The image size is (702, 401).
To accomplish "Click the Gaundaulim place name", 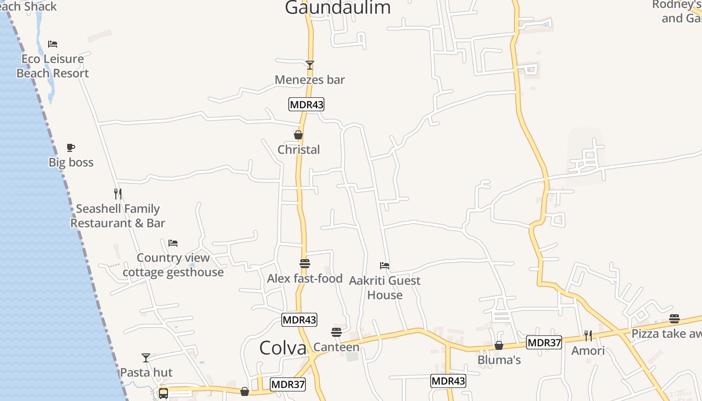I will coord(337,8).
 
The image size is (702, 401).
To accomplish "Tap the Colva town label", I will coord(283,348).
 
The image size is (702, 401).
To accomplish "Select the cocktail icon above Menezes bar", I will coord(310,65).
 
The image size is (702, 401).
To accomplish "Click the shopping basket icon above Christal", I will coord(298,135).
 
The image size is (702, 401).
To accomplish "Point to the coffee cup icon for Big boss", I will coord(71,148).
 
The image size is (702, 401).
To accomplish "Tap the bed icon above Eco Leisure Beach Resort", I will coord(53,44).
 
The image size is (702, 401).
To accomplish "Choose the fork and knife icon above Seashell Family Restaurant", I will coord(118,193).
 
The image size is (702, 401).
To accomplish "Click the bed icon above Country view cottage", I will coord(173,243).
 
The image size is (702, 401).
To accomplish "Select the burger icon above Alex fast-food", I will coord(305,264).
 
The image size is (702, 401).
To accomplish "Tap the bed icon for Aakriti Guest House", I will coord(385,266).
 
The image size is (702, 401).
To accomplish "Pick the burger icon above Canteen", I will coord(336,332).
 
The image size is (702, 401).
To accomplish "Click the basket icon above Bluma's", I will coord(499,345).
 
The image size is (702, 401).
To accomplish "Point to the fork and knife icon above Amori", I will coord(588,335).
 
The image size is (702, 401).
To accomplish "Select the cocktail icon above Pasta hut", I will coord(146,358).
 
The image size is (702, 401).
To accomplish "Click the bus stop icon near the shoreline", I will coord(163,393).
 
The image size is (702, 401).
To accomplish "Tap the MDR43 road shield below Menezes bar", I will coord(306,104).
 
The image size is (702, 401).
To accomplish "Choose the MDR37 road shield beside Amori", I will coord(544,343).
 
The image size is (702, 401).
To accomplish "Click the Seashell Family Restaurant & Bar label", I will coord(118,216).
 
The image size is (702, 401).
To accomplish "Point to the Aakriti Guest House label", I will coord(385,288).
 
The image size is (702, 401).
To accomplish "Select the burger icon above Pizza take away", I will coord(674,319).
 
